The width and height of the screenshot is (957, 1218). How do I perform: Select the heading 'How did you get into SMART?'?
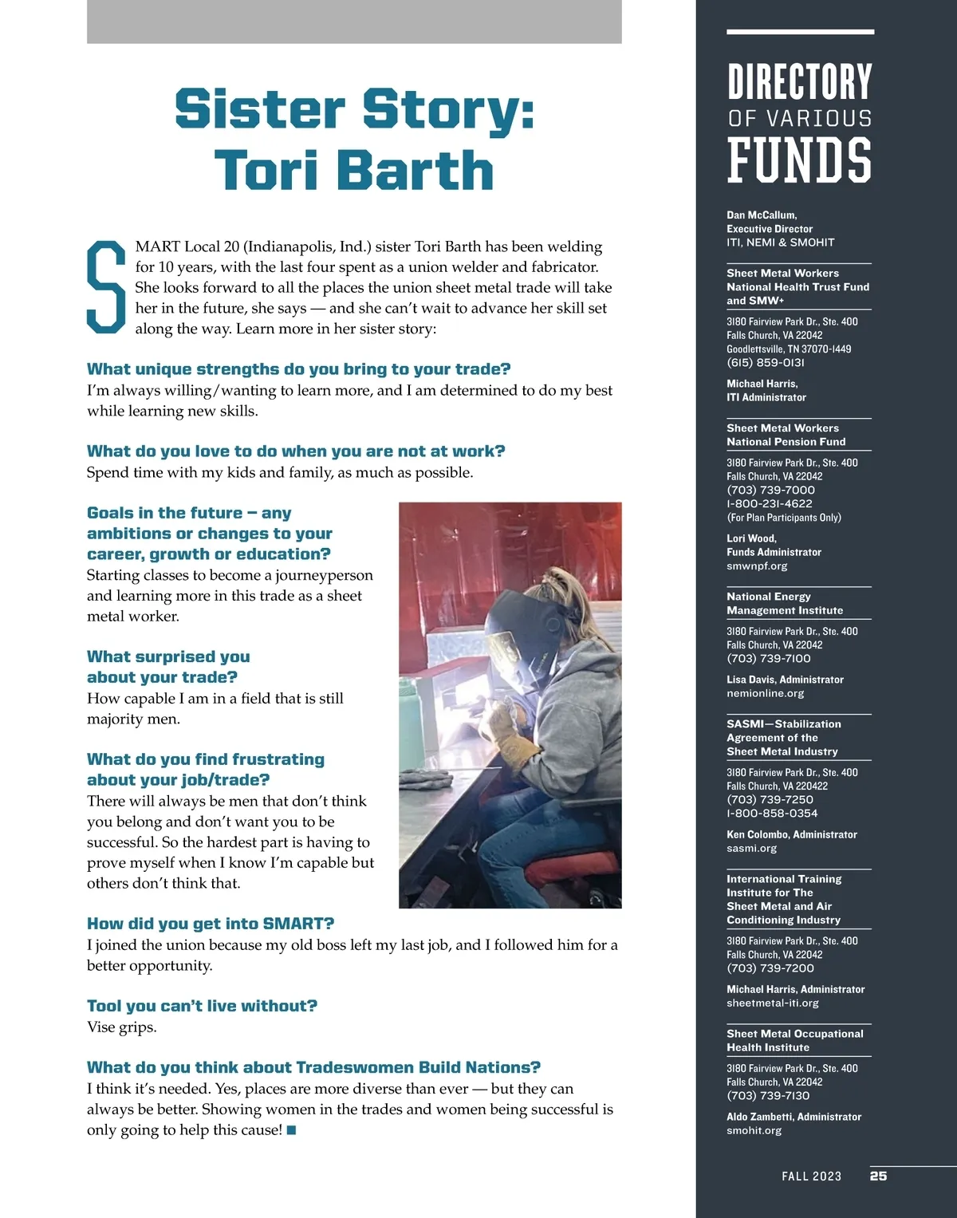[x=211, y=924]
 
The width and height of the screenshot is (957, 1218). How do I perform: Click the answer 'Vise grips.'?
[x=122, y=1027]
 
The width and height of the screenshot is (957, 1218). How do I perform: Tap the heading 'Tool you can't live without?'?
[x=202, y=1006]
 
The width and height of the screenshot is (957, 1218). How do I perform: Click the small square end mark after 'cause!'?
[x=291, y=1130]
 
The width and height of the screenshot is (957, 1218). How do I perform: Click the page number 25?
[x=878, y=1176]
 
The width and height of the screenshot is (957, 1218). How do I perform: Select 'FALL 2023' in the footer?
[x=811, y=1176]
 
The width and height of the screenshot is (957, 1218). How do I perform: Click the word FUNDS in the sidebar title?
[x=799, y=160]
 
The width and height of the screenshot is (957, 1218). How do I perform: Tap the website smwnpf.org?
[x=757, y=566]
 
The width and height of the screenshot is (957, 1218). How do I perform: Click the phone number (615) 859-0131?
[x=766, y=363]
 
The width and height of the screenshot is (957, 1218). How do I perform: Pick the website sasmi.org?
[x=751, y=849]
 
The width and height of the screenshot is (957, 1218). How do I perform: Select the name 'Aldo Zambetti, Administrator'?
[x=794, y=1117]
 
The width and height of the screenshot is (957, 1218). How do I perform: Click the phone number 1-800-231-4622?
[x=769, y=504]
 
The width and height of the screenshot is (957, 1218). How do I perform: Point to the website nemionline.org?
[x=765, y=694]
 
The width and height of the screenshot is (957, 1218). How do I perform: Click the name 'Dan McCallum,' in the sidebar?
[x=762, y=215]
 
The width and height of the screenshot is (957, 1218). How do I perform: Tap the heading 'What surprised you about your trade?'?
[x=168, y=667]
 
